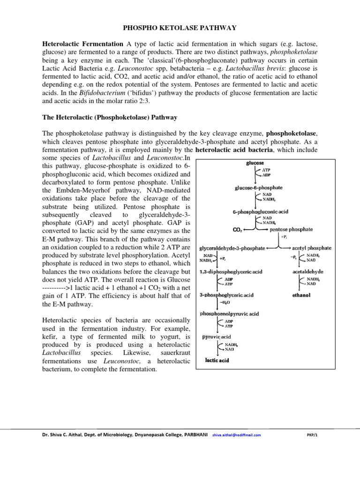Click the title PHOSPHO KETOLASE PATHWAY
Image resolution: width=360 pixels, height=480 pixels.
tap(180, 28)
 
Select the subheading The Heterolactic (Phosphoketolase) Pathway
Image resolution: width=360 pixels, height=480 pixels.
tap(110, 116)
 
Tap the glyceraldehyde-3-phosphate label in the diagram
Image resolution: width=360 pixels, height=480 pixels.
tap(232, 247)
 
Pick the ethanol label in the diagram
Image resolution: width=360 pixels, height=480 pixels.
tap(300, 296)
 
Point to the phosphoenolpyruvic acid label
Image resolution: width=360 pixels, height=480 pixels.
tap(230, 313)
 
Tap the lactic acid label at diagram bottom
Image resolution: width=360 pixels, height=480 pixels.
tap(217, 360)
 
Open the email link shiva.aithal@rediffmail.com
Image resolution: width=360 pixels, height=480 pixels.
tap(236, 435)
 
